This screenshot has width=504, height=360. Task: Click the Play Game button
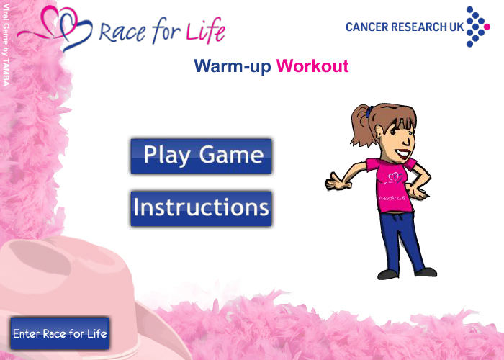(201, 156)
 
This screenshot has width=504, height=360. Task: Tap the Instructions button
(201, 209)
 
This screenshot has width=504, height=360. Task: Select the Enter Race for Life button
(60, 333)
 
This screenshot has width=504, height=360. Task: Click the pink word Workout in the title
(312, 66)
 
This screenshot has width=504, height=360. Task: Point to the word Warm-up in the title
(233, 66)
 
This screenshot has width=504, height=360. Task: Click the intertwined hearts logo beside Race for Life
(55, 28)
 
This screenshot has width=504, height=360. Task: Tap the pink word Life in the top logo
(206, 31)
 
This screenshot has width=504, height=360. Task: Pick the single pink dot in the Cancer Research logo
(487, 27)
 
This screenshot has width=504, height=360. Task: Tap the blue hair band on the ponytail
(369, 111)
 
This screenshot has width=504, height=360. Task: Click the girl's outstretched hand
(338, 182)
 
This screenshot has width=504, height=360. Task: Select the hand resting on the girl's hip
(417, 192)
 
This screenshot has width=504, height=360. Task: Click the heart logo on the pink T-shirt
(394, 178)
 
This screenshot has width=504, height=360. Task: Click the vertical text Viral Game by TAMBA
(6, 45)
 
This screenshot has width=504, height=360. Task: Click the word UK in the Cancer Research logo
(456, 27)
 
